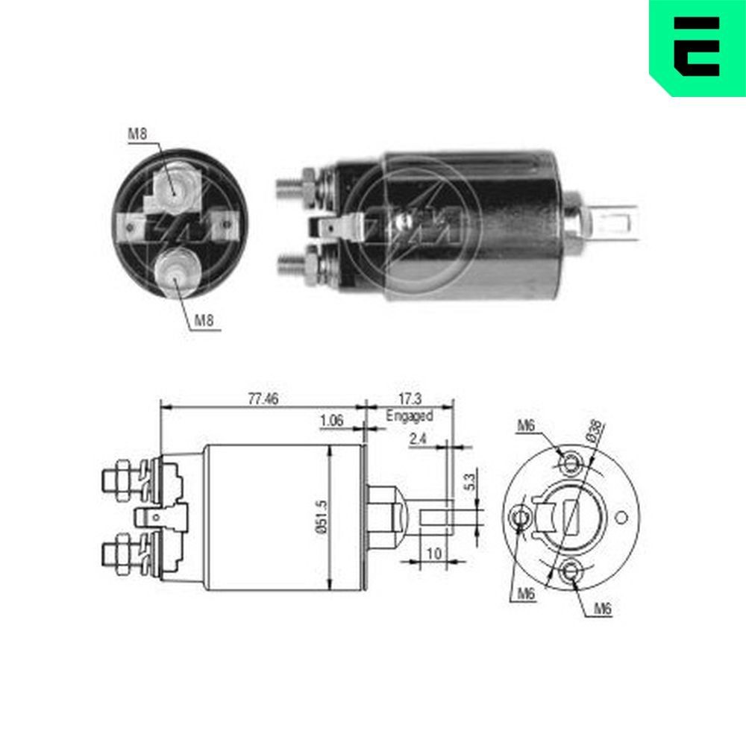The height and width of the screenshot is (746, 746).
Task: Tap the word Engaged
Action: click(409, 416)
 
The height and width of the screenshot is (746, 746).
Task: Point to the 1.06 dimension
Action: click(331, 421)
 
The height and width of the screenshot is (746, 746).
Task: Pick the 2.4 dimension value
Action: click(418, 440)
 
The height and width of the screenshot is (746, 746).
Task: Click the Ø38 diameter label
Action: click(595, 433)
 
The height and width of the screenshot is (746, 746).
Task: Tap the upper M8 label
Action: click(137, 134)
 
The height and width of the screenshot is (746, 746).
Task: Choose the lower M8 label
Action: click(205, 322)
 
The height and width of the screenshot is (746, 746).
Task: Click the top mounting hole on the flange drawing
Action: click(571, 462)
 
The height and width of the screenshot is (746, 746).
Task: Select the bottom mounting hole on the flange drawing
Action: click(572, 572)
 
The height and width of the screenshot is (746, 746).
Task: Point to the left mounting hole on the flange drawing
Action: click(521, 516)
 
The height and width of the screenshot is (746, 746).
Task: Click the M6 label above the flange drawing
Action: click(527, 426)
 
